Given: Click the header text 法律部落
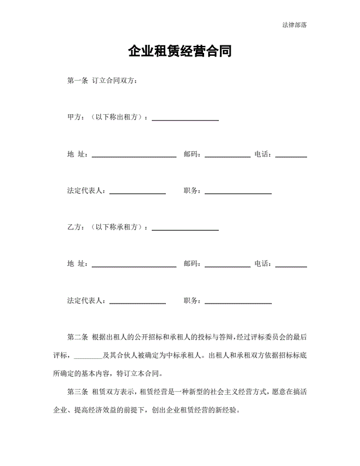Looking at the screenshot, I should [x=295, y=25].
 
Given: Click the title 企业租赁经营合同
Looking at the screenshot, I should [x=179, y=52].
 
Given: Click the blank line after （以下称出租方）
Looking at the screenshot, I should [x=185, y=119].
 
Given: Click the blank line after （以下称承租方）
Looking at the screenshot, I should [x=185, y=229].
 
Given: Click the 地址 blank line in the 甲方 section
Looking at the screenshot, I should [x=134, y=157].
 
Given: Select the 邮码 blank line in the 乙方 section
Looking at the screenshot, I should [x=228, y=267].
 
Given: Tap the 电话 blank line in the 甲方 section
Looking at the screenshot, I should [x=291, y=157].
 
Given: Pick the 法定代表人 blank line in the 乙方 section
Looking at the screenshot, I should [x=138, y=303].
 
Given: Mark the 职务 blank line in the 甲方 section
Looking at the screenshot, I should [x=238, y=193].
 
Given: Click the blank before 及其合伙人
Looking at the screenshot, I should [x=89, y=356].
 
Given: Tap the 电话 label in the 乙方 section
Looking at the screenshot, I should [x=262, y=264].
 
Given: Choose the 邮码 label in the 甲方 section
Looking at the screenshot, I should [x=191, y=154].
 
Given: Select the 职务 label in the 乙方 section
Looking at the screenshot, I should [x=191, y=301].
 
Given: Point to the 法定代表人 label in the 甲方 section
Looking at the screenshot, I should [x=86, y=191].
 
